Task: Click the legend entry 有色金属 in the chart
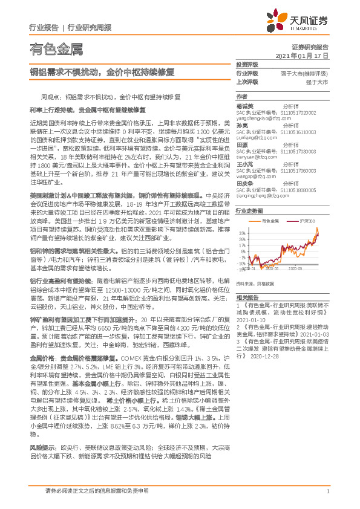(272, 222)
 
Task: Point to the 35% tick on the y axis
(241, 232)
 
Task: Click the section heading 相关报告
(247, 297)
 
